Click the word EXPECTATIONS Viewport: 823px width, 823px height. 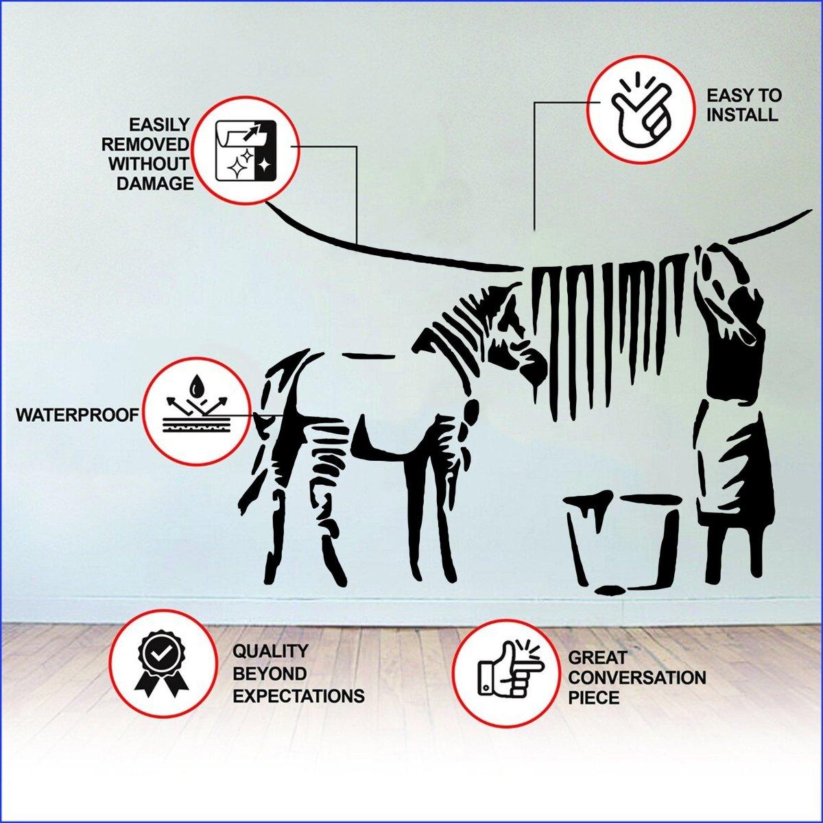(x=298, y=696)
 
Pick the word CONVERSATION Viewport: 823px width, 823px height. (x=636, y=678)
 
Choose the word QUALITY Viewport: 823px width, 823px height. (x=270, y=650)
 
